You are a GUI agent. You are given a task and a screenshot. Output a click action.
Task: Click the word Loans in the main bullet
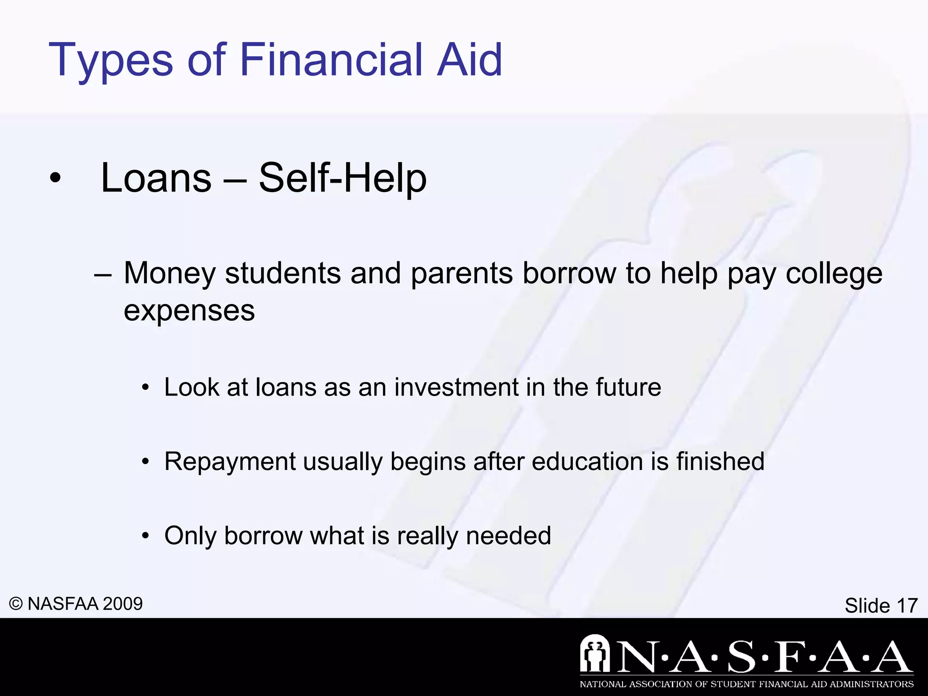pos(156,178)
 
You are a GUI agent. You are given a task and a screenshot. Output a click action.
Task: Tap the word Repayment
pos(230,462)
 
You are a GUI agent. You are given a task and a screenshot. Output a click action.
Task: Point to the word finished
pos(720,461)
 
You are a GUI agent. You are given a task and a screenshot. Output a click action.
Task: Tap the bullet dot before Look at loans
pos(145,388)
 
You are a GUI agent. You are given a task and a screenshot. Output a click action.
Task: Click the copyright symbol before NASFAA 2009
pos(16,604)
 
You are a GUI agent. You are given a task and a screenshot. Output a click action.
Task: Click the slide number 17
pos(907,606)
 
